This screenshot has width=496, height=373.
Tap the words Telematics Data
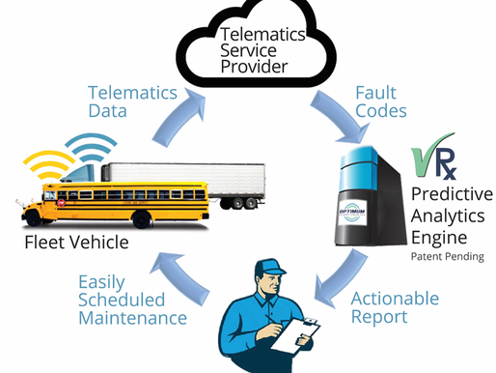coord(132,102)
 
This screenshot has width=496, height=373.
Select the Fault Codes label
coord(374,102)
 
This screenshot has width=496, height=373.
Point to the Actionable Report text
coord(394,307)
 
